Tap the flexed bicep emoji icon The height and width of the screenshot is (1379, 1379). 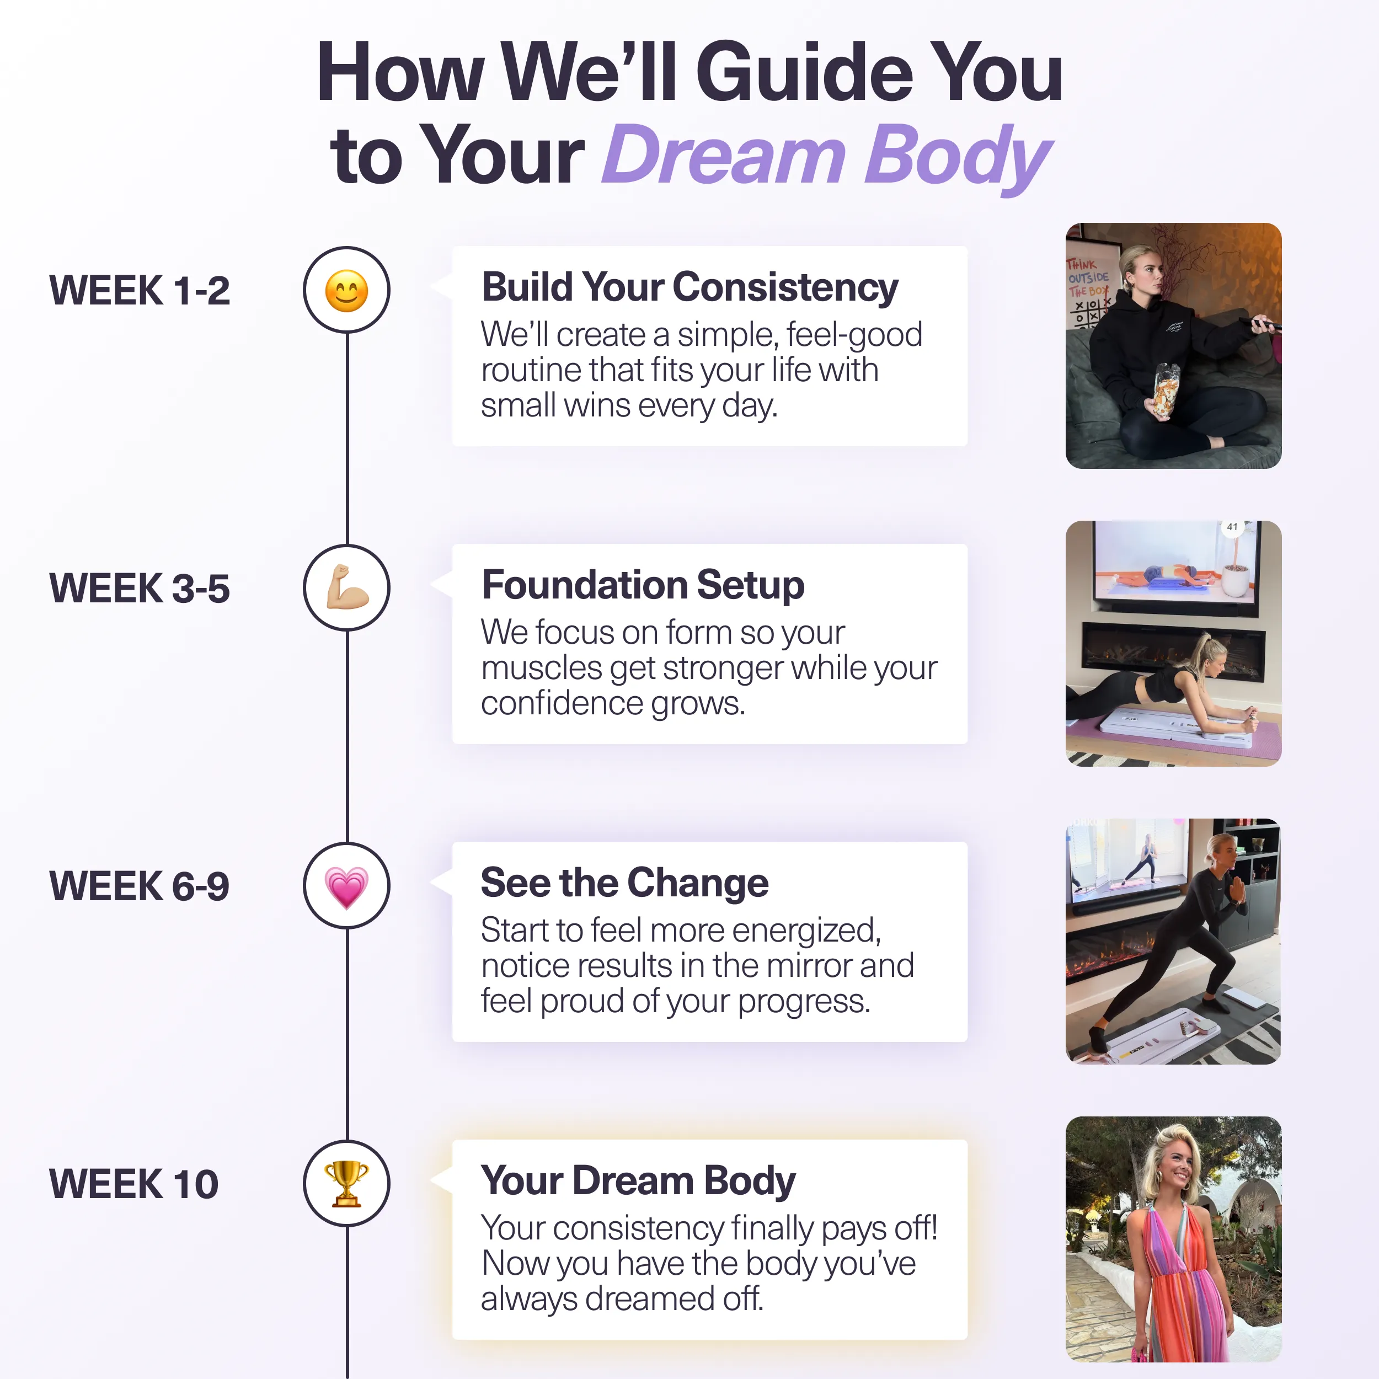tap(346, 587)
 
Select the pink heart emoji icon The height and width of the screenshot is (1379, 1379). tap(346, 886)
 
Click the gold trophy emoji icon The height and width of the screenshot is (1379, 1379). tap(346, 1183)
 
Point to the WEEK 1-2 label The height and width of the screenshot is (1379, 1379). tap(139, 291)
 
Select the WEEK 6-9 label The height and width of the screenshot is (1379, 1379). tap(139, 886)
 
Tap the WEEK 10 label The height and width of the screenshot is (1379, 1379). tap(133, 1184)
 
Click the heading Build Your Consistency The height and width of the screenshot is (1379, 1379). tap(689, 287)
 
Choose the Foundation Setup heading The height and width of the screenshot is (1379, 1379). tap(643, 585)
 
